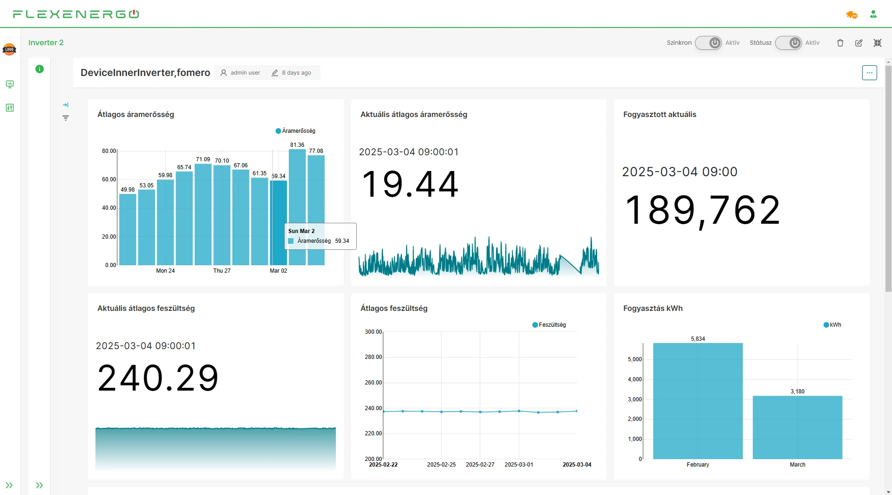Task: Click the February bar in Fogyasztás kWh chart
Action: click(x=697, y=401)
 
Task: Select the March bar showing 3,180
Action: click(x=797, y=427)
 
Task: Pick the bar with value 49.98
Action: click(x=128, y=229)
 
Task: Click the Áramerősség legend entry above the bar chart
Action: click(x=296, y=131)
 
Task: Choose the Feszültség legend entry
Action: click(x=549, y=325)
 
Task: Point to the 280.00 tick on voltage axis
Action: click(x=373, y=357)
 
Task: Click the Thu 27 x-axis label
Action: click(x=222, y=271)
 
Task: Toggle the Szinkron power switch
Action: click(x=708, y=43)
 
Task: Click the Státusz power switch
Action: click(x=789, y=43)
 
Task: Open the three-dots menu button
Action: click(x=869, y=73)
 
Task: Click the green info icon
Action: click(x=40, y=69)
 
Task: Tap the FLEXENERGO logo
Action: click(x=76, y=14)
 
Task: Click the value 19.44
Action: click(x=410, y=184)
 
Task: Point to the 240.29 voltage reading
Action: click(x=158, y=378)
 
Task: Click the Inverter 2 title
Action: click(x=46, y=43)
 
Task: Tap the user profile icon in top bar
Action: click(x=873, y=14)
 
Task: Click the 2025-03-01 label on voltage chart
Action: click(x=518, y=465)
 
